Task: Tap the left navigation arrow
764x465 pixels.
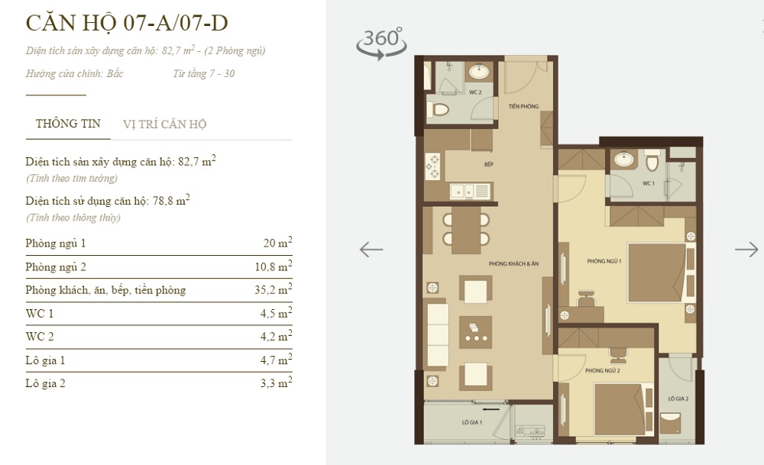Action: click(x=371, y=249)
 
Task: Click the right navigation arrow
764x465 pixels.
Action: click(x=746, y=249)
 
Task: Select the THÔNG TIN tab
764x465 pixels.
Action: click(x=68, y=124)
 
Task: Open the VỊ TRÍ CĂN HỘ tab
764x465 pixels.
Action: click(x=164, y=124)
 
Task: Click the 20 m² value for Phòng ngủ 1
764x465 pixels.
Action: click(x=277, y=244)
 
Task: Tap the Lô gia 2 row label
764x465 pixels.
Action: click(x=45, y=383)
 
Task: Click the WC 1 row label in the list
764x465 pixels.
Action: click(x=40, y=313)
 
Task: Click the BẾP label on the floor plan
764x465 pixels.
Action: click(x=488, y=164)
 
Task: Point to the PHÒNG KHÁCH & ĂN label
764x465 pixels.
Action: click(x=514, y=263)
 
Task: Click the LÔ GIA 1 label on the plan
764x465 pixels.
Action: click(x=471, y=422)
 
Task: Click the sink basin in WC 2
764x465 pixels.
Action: click(x=479, y=73)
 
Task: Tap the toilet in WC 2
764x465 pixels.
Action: click(x=439, y=110)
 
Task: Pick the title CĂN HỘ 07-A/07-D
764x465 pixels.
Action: click(x=127, y=22)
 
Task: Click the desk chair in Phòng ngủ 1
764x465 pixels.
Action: click(x=586, y=299)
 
